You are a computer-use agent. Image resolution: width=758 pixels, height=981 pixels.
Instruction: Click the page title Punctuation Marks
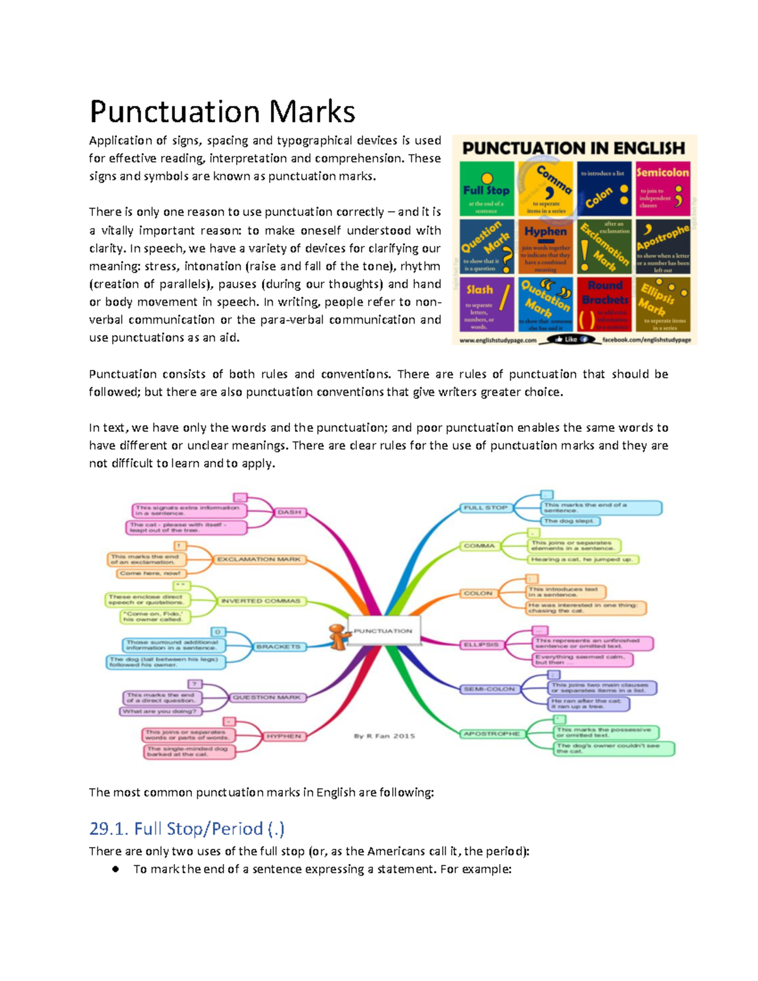click(222, 112)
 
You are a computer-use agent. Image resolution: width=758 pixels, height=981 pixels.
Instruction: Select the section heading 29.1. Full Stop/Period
click(187, 828)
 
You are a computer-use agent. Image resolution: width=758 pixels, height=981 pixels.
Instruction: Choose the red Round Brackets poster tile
click(605, 304)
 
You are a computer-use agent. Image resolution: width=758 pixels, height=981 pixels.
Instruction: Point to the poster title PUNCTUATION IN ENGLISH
click(574, 148)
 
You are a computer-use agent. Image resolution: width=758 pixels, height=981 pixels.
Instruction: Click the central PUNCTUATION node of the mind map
click(383, 631)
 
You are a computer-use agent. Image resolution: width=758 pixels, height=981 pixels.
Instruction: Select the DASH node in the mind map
click(289, 512)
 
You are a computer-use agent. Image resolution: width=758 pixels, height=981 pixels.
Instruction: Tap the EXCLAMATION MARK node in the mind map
click(259, 559)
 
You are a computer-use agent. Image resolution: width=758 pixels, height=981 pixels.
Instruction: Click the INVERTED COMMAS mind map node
click(260, 601)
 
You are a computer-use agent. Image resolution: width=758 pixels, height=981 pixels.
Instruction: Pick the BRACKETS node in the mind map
click(278, 647)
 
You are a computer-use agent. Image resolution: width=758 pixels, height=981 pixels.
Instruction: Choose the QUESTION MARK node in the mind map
click(267, 697)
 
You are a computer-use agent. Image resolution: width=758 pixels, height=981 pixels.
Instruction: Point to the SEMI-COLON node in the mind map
click(490, 689)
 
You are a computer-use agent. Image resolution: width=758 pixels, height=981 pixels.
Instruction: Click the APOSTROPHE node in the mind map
click(491, 733)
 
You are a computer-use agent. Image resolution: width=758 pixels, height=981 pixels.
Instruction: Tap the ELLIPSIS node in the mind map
click(481, 644)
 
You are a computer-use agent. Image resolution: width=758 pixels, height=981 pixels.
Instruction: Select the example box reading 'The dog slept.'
click(569, 521)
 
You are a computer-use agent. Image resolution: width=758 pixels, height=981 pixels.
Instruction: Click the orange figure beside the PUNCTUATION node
click(338, 636)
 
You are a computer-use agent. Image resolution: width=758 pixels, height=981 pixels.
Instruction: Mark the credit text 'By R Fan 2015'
click(384, 736)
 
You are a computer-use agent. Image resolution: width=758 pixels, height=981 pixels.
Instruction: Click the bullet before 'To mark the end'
click(116, 869)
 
